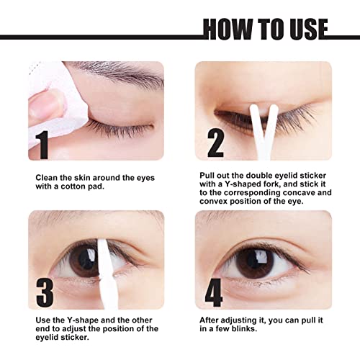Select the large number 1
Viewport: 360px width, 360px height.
(x=44, y=144)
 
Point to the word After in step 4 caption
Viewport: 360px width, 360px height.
(x=210, y=319)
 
